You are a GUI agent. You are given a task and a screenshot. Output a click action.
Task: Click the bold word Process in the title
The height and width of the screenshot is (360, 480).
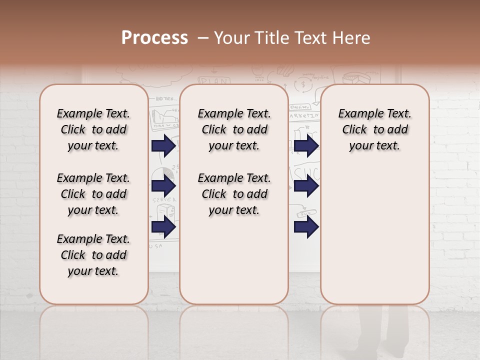click(x=154, y=38)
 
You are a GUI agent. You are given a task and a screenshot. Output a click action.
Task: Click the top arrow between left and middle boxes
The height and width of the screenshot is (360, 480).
click(x=163, y=146)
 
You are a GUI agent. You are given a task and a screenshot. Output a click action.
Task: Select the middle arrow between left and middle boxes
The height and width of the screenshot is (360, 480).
click(x=163, y=186)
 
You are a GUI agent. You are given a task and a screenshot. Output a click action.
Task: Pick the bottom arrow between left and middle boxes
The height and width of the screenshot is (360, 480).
click(x=163, y=227)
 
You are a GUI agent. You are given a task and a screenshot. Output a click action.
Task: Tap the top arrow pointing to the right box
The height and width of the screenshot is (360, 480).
click(x=306, y=146)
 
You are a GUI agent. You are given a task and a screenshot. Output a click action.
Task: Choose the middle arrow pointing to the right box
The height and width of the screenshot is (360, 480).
click(x=306, y=186)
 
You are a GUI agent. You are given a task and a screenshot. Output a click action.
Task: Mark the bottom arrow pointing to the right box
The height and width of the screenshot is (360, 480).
click(x=306, y=227)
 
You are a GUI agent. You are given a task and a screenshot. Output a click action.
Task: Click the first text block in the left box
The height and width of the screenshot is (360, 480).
click(x=93, y=129)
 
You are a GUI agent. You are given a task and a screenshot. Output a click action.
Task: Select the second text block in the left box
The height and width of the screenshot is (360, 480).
click(x=93, y=194)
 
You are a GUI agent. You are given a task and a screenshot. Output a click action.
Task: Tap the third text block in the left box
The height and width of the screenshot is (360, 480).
click(x=93, y=255)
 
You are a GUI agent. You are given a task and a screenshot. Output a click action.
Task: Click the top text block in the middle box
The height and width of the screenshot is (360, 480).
click(x=234, y=129)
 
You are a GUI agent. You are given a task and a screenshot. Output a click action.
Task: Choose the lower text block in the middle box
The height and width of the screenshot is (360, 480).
click(x=234, y=194)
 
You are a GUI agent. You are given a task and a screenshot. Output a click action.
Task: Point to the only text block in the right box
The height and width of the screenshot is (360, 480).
click(x=374, y=129)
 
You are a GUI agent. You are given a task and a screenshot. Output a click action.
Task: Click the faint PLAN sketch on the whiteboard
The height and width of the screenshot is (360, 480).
click(x=214, y=80)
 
